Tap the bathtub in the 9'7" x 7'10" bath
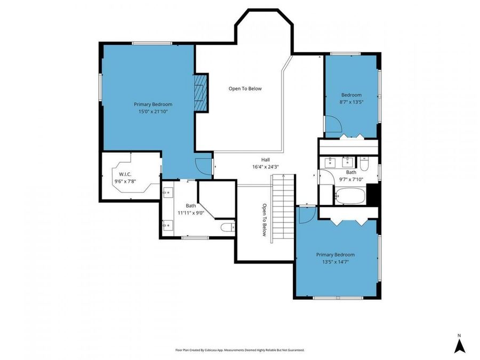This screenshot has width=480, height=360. tap(350, 196)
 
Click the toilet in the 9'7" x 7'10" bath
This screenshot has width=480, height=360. tap(364, 161)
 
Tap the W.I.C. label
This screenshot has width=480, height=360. tap(125, 174)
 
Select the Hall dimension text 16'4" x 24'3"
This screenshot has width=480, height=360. tap(266, 167)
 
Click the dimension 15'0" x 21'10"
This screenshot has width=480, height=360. tap(153, 111)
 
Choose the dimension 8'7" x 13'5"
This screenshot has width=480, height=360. tap(351, 101)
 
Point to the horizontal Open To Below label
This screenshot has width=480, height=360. tap(245, 89)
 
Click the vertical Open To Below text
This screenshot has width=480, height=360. tap(264, 219)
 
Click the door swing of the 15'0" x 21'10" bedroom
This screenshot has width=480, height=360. tap(203, 166)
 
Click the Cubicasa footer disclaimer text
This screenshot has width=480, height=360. tap(240, 350)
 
